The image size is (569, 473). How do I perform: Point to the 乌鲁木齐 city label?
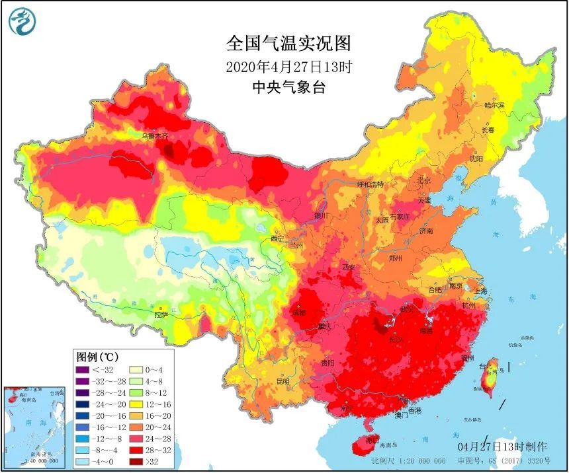155,136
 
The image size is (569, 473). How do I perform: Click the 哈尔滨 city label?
494,105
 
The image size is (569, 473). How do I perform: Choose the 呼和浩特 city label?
371,184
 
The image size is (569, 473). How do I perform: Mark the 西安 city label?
349,267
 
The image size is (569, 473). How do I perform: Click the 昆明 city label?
283,381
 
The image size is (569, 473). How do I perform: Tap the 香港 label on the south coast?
414,410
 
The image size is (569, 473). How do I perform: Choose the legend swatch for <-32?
83,369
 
